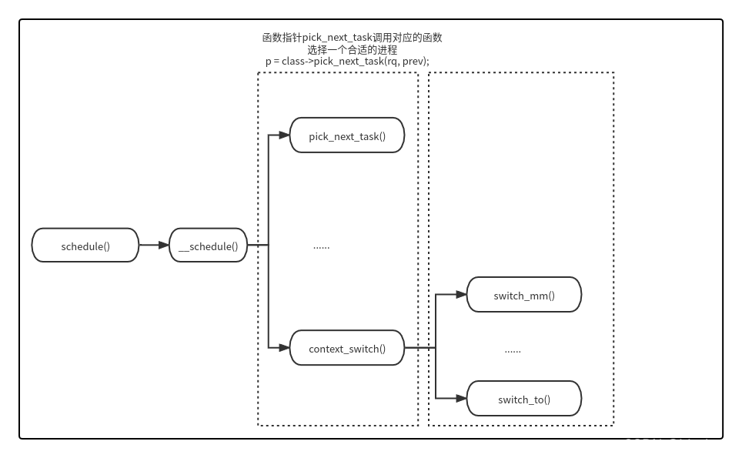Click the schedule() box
pyautogui.click(x=85, y=246)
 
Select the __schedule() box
pyautogui.click(x=208, y=246)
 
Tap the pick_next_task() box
pyautogui.click(x=346, y=135)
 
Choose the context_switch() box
pyautogui.click(x=346, y=348)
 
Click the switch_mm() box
pyautogui.click(x=523, y=295)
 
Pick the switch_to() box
pyautogui.click(x=523, y=399)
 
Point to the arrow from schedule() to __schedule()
pyautogui.click(x=154, y=246)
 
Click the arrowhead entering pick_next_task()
pyautogui.click(x=284, y=135)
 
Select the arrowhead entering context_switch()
pyautogui.click(x=284, y=348)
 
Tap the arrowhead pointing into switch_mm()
pyautogui.click(x=461, y=294)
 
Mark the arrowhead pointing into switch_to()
pyautogui.click(x=461, y=398)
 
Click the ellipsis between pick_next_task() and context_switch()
pyautogui.click(x=321, y=246)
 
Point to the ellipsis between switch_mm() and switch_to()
pyautogui.click(x=513, y=350)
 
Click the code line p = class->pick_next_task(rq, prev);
pyautogui.click(x=346, y=62)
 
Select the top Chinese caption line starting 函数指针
pyautogui.click(x=352, y=37)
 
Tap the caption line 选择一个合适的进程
pyautogui.click(x=352, y=49)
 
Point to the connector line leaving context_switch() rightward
pyautogui.click(x=419, y=348)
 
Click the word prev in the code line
pyautogui.click(x=413, y=62)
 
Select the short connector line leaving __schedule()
pyautogui.click(x=257, y=246)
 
